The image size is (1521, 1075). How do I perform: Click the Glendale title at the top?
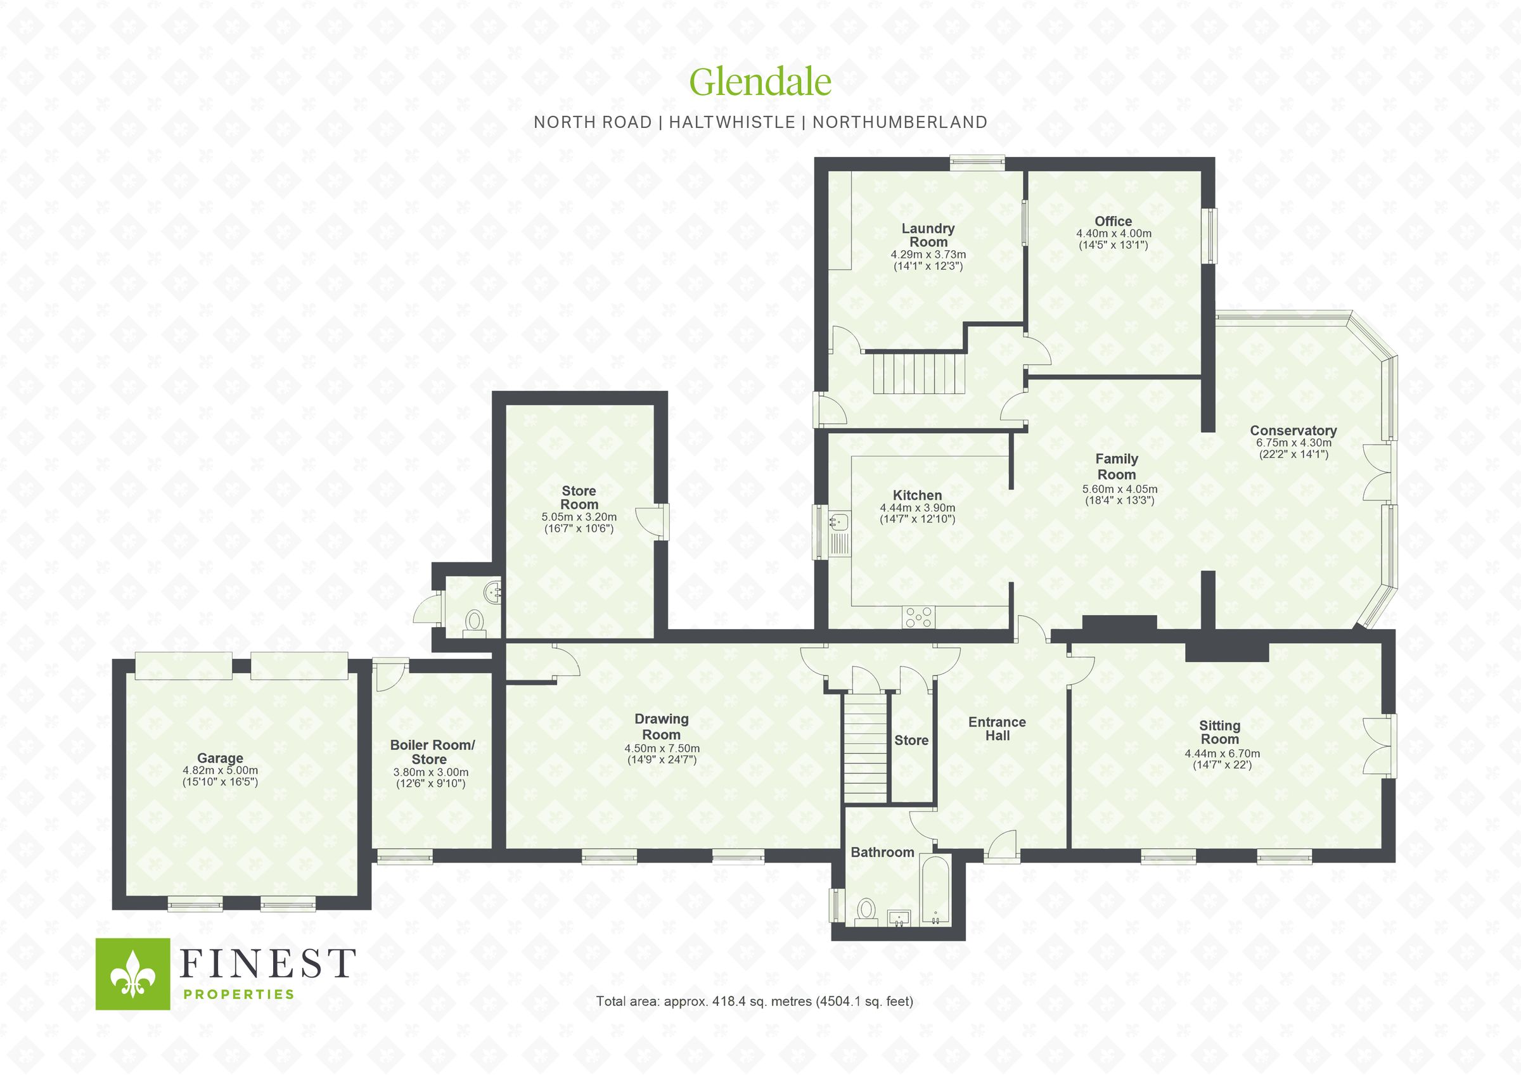coord(760,82)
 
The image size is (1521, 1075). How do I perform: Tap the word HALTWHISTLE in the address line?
coord(731,122)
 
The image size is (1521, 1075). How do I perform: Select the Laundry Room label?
coord(927,235)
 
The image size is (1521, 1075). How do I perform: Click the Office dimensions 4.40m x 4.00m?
coord(1113,234)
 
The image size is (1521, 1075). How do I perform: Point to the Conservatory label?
coord(1293,431)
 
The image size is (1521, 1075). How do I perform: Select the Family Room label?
coord(1116,466)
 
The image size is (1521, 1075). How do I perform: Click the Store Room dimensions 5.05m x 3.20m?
coord(579,518)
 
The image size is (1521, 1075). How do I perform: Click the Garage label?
coord(220,758)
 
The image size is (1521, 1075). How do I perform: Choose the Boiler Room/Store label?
coord(432,752)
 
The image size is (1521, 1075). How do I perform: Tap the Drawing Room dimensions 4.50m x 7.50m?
coord(661,749)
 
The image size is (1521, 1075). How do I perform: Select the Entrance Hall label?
coord(997,728)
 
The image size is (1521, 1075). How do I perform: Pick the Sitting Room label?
coord(1219,732)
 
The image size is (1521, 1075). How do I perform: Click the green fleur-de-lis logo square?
coord(133,974)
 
